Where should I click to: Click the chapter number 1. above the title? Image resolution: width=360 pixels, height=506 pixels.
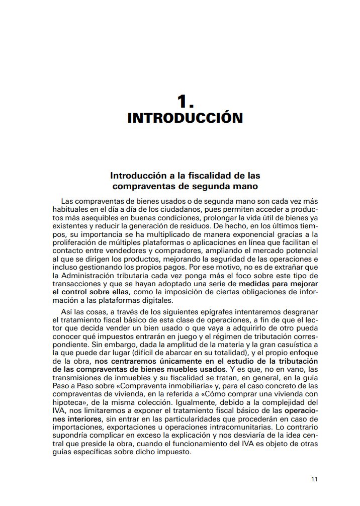coord(185,102)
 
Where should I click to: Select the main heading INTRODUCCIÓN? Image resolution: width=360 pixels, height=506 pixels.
coord(185,119)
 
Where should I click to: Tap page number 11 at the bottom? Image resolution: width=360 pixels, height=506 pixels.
coord(314,479)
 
